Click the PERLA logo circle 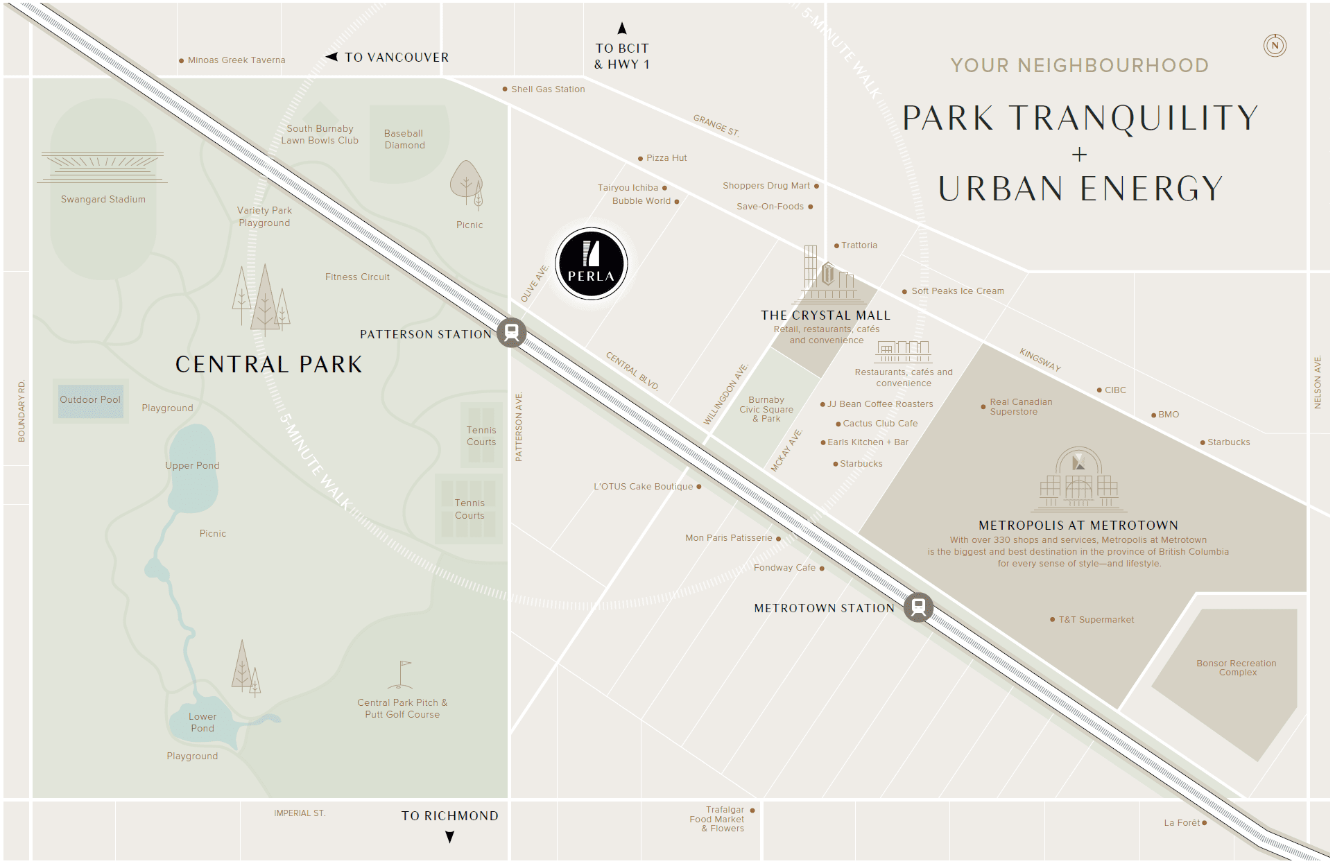pyautogui.click(x=591, y=263)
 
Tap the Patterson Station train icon pyautogui.click(x=512, y=332)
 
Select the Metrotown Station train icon pyautogui.click(x=918, y=607)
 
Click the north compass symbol pyautogui.click(x=1275, y=46)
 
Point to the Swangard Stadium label pyautogui.click(x=103, y=199)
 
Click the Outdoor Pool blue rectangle pyautogui.click(x=91, y=401)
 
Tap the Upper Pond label pyautogui.click(x=192, y=465)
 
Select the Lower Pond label pyautogui.click(x=202, y=722)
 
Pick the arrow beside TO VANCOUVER pyautogui.click(x=332, y=57)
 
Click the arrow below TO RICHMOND pyautogui.click(x=450, y=837)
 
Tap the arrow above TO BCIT pyautogui.click(x=622, y=28)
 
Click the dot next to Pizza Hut pyautogui.click(x=640, y=159)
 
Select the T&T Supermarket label pyautogui.click(x=1096, y=620)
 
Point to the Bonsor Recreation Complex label pyautogui.click(x=1237, y=668)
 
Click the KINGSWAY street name pyautogui.click(x=1040, y=360)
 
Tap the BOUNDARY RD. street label pyautogui.click(x=21, y=410)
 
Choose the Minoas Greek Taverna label pyautogui.click(x=236, y=60)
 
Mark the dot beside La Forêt pyautogui.click(x=1205, y=823)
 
